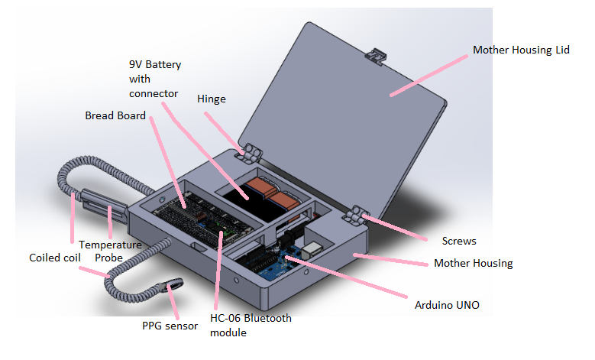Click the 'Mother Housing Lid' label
521,50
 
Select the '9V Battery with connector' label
155,79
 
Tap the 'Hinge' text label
212,99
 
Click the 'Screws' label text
459,241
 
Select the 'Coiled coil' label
54,258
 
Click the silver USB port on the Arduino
313,248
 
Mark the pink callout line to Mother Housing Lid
431,73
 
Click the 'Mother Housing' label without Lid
473,263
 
